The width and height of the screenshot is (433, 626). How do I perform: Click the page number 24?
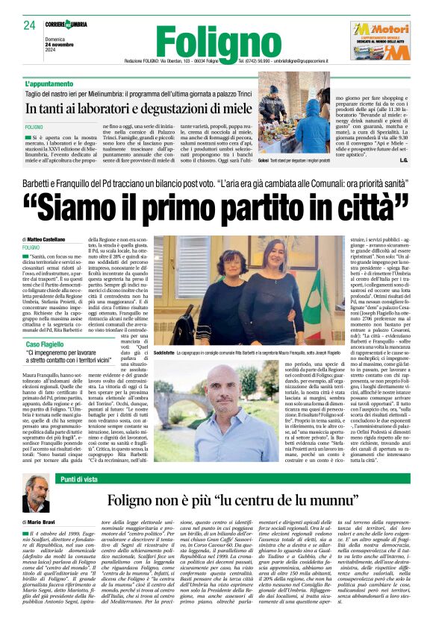coord(29,25)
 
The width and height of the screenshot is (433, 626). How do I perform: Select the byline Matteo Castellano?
coord(52,238)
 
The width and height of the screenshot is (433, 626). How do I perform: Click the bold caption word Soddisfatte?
coord(168,351)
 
